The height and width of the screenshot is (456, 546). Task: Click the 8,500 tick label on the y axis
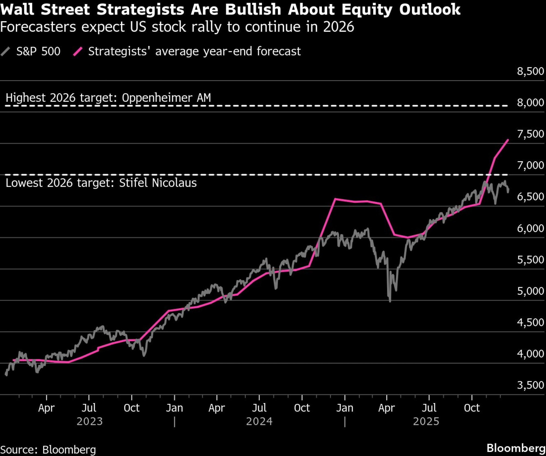[x=530, y=71]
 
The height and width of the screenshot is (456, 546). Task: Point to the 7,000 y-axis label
[x=530, y=165]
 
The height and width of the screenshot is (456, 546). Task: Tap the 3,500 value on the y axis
[x=530, y=385]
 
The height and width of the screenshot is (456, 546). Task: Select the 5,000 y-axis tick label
[x=530, y=291]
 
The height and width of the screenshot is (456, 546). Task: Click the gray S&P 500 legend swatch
[x=5, y=51]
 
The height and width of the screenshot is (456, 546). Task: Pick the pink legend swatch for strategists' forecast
[x=78, y=51]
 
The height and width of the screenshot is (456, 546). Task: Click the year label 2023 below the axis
[x=90, y=421]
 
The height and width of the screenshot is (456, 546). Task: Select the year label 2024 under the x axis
[x=259, y=421]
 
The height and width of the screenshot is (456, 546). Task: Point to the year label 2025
[x=426, y=421]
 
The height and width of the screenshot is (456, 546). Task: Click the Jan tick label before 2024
[x=174, y=408]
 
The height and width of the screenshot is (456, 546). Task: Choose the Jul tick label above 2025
[x=429, y=408]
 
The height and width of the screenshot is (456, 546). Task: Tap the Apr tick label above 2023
[x=46, y=408]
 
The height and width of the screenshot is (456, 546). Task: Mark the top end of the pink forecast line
[x=508, y=140]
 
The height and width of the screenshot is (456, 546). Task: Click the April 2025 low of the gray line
[x=390, y=301]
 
